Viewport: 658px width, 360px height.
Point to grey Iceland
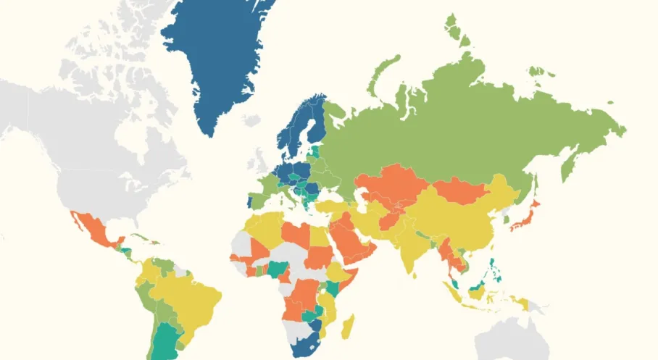tap(251, 119)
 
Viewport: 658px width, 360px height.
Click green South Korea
tap(505, 217)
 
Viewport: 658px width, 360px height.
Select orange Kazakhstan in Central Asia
tap(391, 184)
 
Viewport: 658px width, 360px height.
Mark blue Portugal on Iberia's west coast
tap(249, 201)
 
